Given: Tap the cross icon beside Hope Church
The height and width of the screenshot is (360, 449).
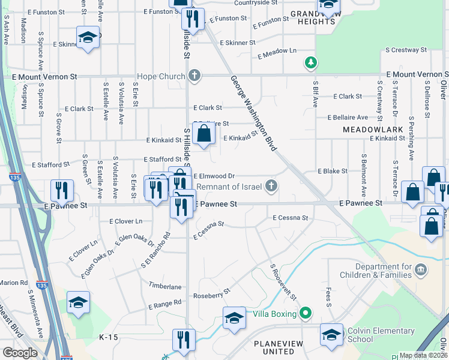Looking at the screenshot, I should click(x=193, y=76).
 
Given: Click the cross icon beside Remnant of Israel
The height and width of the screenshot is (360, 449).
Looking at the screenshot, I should click(x=272, y=186).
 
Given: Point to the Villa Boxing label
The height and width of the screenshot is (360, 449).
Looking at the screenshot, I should click(x=274, y=314).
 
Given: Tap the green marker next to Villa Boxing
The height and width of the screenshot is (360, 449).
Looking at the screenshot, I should click(x=306, y=313).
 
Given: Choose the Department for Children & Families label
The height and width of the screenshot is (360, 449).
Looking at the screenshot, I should click(x=384, y=271).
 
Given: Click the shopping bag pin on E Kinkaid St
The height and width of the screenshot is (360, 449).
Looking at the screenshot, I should click(x=204, y=134).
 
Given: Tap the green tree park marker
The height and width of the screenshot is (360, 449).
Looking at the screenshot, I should click(x=311, y=61).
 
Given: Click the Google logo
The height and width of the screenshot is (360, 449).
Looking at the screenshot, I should click(x=20, y=352).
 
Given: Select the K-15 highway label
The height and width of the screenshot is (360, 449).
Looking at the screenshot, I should click(x=109, y=337).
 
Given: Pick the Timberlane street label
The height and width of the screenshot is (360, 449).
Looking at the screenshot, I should click(x=166, y=287).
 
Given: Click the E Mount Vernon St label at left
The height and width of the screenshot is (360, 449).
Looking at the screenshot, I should click(x=41, y=77).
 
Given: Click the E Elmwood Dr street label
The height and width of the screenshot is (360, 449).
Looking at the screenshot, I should click(x=214, y=176).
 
